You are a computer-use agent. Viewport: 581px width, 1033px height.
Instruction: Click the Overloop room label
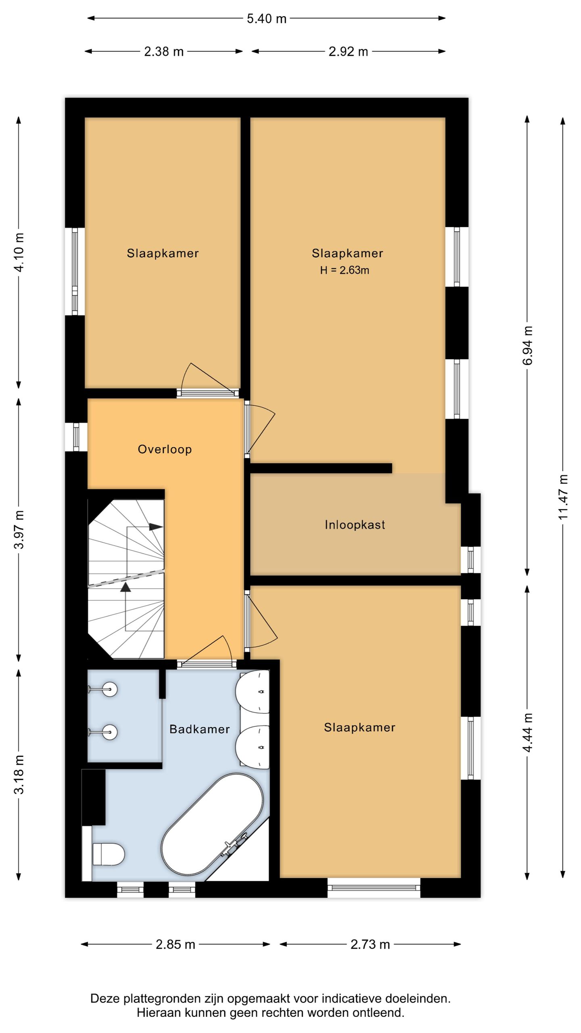click(165, 449)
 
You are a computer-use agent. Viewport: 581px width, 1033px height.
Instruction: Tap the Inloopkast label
click(355, 525)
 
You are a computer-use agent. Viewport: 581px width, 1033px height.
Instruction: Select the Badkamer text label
click(199, 729)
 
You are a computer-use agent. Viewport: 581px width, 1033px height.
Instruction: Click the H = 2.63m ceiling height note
click(345, 270)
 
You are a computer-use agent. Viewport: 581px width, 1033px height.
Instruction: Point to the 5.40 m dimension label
click(267, 19)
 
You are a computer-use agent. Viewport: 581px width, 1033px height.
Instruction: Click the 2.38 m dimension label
click(164, 52)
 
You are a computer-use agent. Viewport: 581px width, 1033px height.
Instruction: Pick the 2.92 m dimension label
click(348, 52)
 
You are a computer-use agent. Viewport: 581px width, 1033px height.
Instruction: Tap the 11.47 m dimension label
click(563, 497)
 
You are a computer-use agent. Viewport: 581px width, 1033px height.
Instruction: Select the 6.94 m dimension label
click(528, 346)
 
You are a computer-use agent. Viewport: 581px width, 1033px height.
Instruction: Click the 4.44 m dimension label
click(528, 732)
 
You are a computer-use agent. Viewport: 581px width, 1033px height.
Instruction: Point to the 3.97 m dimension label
click(19, 529)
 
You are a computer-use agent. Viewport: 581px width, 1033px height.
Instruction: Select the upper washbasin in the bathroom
click(253, 692)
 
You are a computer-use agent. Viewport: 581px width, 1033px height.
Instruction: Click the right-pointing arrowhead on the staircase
click(156, 527)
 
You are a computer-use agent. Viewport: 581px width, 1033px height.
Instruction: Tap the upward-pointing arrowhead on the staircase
click(126, 587)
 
